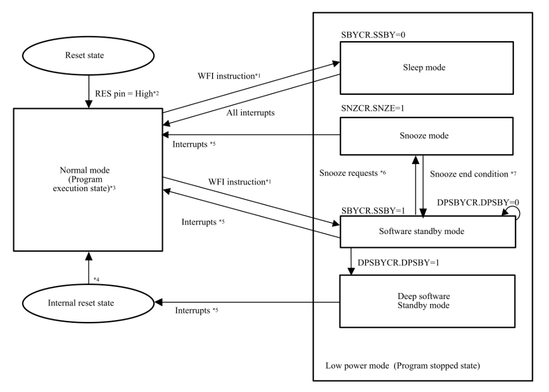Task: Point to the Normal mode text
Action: pos(85,170)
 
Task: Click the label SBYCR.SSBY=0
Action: pos(373,35)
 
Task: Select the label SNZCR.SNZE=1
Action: pos(373,108)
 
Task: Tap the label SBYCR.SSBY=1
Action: pos(373,211)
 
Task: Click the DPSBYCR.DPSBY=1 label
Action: pos(399,263)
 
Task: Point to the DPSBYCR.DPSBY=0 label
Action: pos(478,202)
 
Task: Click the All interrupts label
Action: pos(250,113)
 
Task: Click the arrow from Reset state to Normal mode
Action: pos(89,91)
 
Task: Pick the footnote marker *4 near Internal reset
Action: pos(96,279)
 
